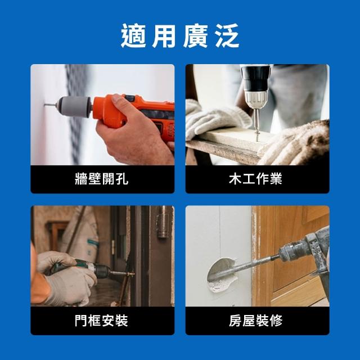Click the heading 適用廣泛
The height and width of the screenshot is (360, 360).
(180, 36)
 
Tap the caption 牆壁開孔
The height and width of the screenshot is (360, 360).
(101, 179)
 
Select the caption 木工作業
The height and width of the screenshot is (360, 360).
(255, 179)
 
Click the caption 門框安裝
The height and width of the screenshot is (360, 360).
(101, 321)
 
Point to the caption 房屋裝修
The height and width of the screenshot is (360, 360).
(255, 321)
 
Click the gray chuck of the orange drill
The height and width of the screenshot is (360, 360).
(74, 106)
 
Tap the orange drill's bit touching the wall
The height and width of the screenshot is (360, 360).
(51, 105)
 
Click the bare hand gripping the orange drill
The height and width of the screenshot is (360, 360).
(134, 133)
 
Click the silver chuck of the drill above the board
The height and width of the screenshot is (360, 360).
(255, 100)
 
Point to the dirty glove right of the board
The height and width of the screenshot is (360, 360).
(299, 145)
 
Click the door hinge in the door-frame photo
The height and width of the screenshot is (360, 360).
(162, 226)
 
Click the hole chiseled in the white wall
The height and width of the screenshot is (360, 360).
(221, 274)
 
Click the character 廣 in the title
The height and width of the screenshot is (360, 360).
(195, 36)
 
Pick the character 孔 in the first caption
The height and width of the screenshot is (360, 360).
(122, 179)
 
